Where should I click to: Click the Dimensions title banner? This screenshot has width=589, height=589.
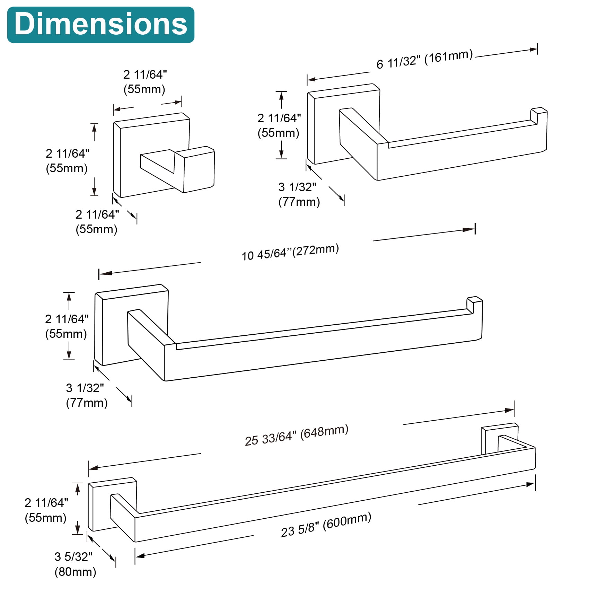click(x=100, y=25)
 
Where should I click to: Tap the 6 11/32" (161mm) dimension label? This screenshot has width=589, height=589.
click(x=424, y=59)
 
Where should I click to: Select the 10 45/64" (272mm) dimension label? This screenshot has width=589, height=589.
click(x=290, y=252)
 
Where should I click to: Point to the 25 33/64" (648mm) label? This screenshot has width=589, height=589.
click(x=296, y=435)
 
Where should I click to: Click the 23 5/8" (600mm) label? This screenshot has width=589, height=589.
click(x=326, y=525)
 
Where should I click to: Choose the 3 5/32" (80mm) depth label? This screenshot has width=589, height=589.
click(x=75, y=564)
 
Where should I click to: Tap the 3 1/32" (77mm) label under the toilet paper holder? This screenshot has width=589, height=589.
click(x=299, y=194)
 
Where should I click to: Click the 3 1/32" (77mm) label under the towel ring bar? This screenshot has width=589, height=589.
click(x=86, y=395)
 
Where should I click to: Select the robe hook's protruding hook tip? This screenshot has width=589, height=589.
click(x=199, y=169)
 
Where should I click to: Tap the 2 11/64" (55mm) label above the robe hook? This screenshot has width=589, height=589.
click(x=144, y=82)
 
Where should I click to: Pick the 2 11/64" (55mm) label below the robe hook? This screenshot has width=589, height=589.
click(x=97, y=222)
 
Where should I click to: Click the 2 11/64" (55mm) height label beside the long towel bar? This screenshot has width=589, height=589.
click(x=46, y=510)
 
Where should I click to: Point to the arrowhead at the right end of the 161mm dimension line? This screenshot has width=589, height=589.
click(x=533, y=50)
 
